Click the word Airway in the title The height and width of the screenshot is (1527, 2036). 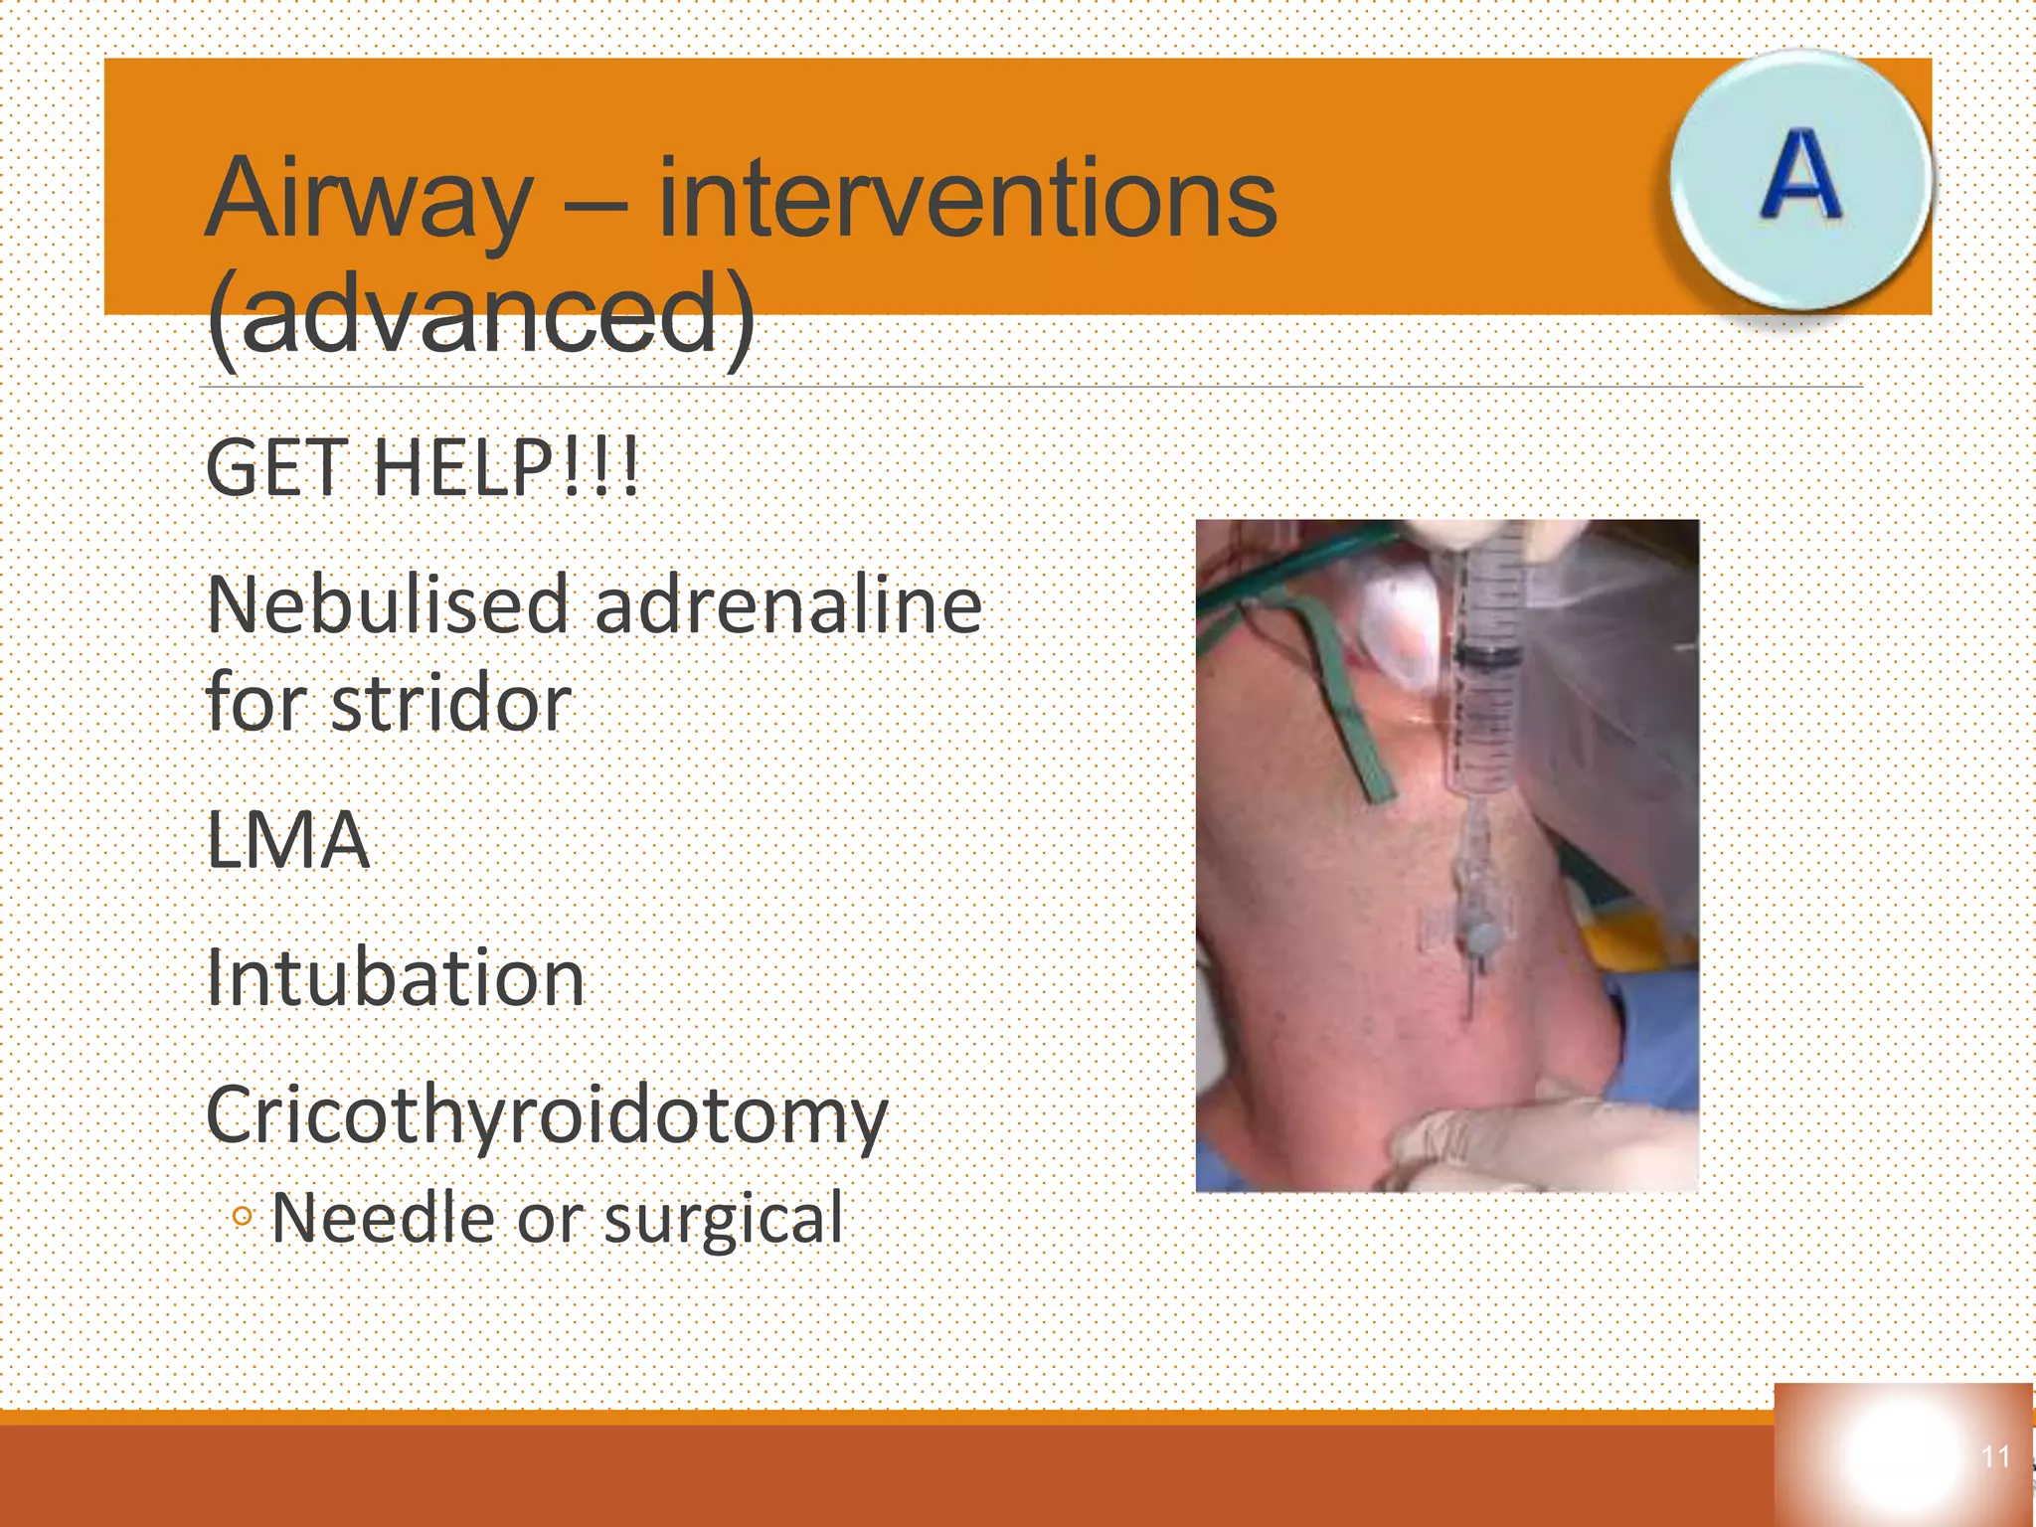pyautogui.click(x=368, y=199)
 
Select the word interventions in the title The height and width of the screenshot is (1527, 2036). pyautogui.click(x=966, y=199)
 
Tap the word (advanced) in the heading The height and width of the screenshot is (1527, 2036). pyautogui.click(x=480, y=316)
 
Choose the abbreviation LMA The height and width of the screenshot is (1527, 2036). pyautogui.click(x=287, y=841)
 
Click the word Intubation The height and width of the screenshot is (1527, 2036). pyautogui.click(x=395, y=978)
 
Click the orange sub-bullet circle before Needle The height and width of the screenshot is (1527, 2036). pyautogui.click(x=242, y=1216)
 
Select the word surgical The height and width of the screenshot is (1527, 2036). pyautogui.click(x=723, y=1218)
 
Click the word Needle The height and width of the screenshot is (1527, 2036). pyautogui.click(x=382, y=1218)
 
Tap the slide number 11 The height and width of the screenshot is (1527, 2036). pyautogui.click(x=1995, y=1456)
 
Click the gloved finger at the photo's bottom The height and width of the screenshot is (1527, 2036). pyautogui.click(x=1531, y=1143)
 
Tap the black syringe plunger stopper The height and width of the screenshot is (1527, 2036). pyautogui.click(x=1487, y=656)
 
